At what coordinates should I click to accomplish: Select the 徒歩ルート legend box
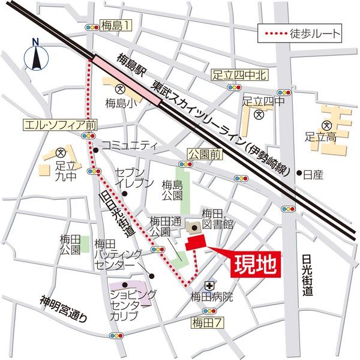click(301, 34)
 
